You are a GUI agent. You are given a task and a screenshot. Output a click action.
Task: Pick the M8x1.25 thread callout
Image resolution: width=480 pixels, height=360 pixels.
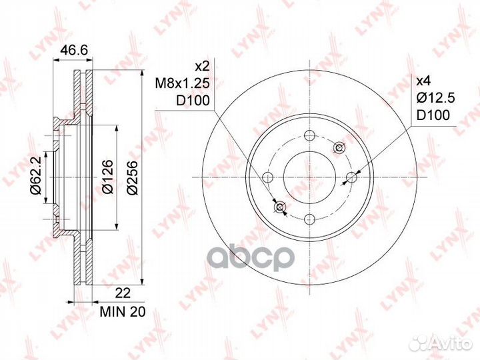point(184,84)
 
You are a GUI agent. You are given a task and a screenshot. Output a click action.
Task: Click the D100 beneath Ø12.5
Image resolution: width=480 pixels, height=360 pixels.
point(432,115)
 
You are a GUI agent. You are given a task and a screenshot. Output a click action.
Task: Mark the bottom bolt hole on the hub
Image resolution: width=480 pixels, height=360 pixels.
point(309,218)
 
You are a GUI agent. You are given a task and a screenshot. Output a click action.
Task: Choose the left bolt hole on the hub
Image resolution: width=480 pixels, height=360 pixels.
point(268,177)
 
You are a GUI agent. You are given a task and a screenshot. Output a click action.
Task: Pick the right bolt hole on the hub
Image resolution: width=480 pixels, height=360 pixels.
point(351,177)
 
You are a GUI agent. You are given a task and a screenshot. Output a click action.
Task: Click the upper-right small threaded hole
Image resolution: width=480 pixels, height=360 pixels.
point(339,147)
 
